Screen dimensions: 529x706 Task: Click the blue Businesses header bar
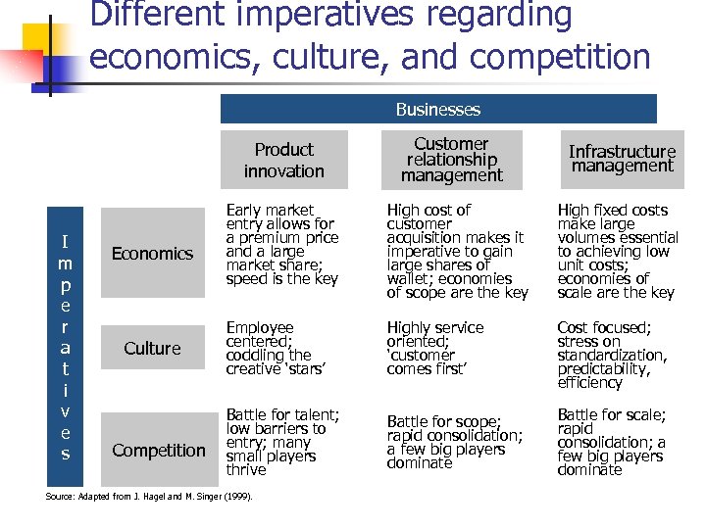click(x=438, y=109)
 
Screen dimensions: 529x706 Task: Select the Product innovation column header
click(x=283, y=161)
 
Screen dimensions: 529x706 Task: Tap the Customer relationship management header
click(x=451, y=160)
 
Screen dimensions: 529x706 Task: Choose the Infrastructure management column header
click(x=623, y=159)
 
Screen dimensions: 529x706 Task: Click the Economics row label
click(x=152, y=254)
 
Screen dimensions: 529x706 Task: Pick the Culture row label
click(x=152, y=348)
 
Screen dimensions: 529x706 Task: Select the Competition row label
click(x=158, y=451)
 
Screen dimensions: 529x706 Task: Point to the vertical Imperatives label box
click(x=65, y=347)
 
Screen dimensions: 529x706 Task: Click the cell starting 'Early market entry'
click(x=281, y=245)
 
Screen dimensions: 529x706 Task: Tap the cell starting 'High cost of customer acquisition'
click(x=456, y=252)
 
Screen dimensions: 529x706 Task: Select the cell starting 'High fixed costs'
click(x=617, y=252)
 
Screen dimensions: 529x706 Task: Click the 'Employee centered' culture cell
click(x=269, y=348)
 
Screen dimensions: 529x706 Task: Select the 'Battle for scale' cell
click(x=611, y=443)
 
